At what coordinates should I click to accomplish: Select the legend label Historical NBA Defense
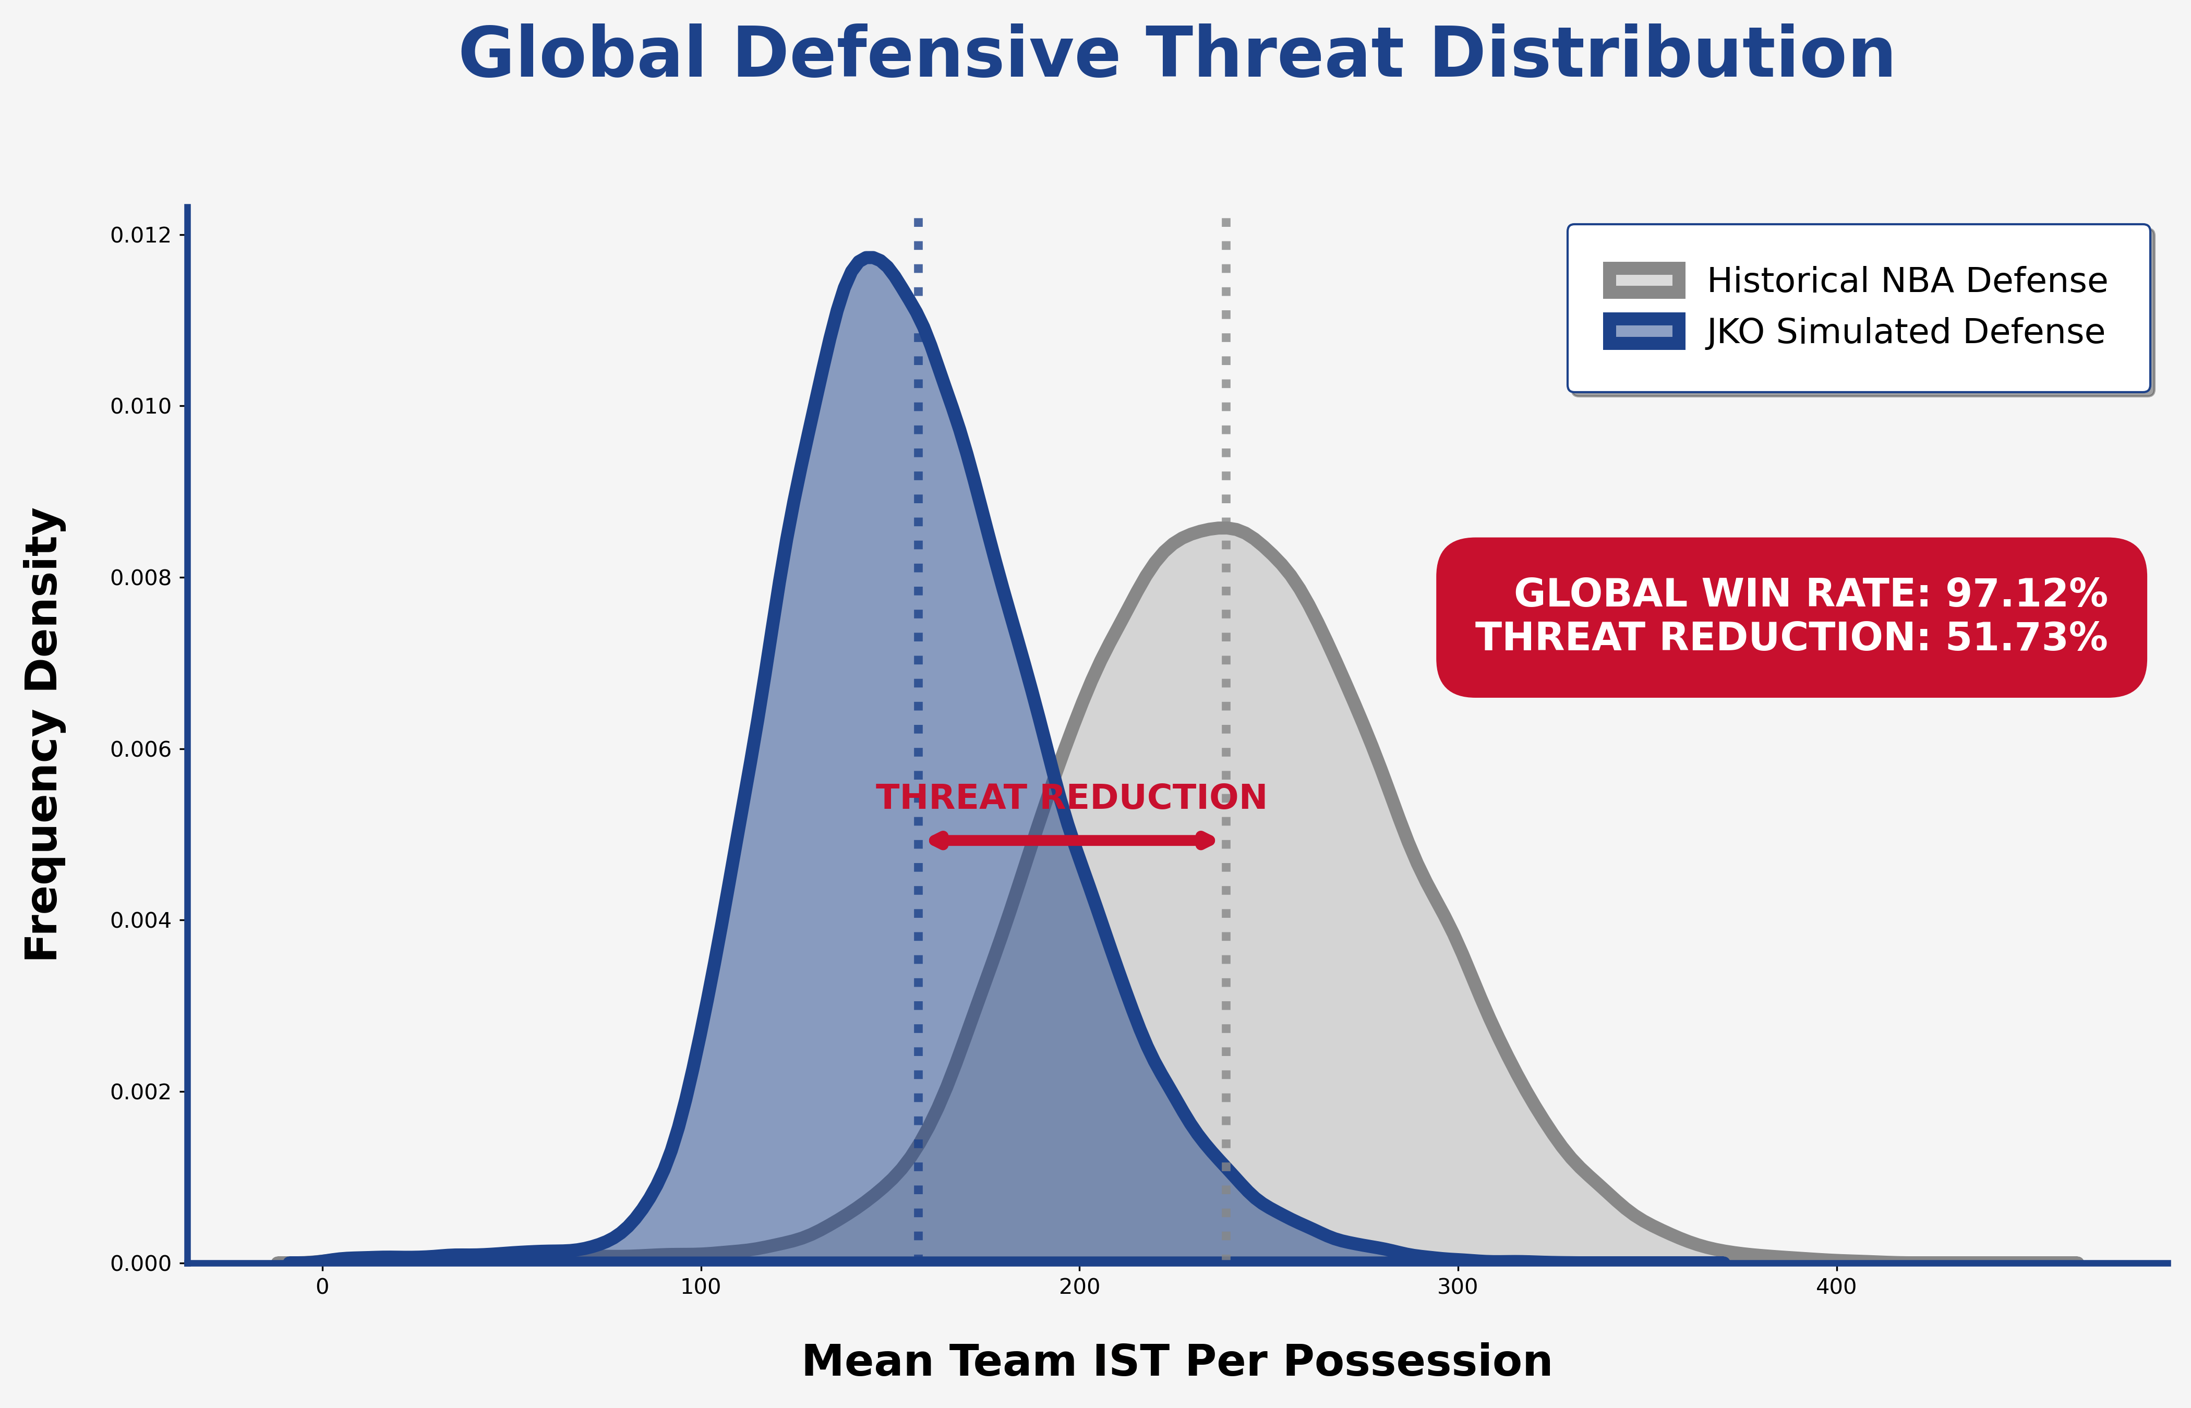pos(1907,281)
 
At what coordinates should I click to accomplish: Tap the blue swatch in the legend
pos(1643,332)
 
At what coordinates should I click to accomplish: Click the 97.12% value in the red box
pos(2026,593)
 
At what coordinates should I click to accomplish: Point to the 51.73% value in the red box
pos(2026,637)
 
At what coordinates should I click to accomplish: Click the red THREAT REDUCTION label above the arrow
pos(1071,797)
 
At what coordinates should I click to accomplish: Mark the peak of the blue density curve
pos(869,257)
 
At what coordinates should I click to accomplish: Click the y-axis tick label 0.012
pos(141,236)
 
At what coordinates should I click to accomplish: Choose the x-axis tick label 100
pos(701,1288)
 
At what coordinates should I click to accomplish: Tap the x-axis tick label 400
pos(1835,1288)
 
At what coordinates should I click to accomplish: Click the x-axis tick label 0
pos(322,1288)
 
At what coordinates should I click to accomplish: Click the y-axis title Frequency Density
pos(42,734)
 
